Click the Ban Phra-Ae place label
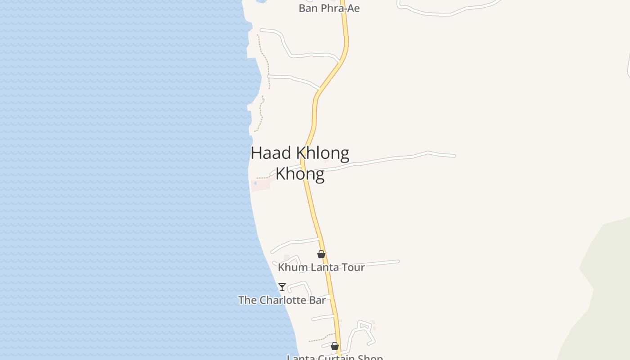coord(329,8)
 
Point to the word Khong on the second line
coord(300,174)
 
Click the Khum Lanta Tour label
coord(321,267)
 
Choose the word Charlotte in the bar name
coord(282,300)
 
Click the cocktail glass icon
coord(282,287)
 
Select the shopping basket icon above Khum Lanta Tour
coord(321,255)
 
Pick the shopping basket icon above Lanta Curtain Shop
coord(335,346)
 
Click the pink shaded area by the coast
coord(261,185)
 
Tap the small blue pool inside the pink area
coord(255,183)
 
